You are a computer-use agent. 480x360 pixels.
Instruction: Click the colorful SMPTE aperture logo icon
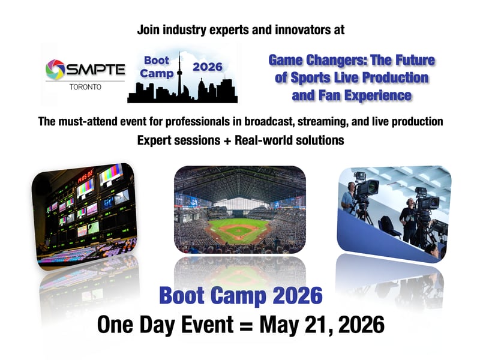(55, 70)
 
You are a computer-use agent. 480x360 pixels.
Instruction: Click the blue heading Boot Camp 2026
(240, 296)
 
